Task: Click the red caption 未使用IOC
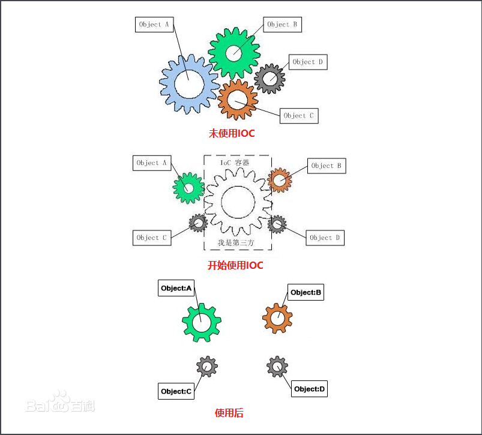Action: click(x=232, y=133)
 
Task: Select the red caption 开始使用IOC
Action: click(x=235, y=265)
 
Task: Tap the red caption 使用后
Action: click(x=229, y=413)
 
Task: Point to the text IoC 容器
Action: click(x=235, y=163)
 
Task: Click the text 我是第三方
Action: click(x=236, y=242)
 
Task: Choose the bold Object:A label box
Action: click(x=176, y=288)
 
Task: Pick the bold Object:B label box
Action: click(x=306, y=292)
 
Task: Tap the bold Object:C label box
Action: click(x=176, y=391)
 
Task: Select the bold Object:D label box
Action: click(x=309, y=389)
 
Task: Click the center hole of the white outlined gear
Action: click(x=238, y=202)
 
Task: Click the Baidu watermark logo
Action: click(x=60, y=402)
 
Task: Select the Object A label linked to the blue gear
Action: click(x=154, y=25)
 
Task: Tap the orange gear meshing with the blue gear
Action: click(x=237, y=100)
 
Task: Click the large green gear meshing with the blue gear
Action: click(x=234, y=53)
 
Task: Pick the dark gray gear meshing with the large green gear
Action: click(x=270, y=79)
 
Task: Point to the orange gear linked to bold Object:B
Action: click(x=277, y=318)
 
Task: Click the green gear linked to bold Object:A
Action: click(x=201, y=322)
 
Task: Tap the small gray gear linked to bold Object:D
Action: click(x=277, y=367)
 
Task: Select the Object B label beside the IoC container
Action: click(x=327, y=166)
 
